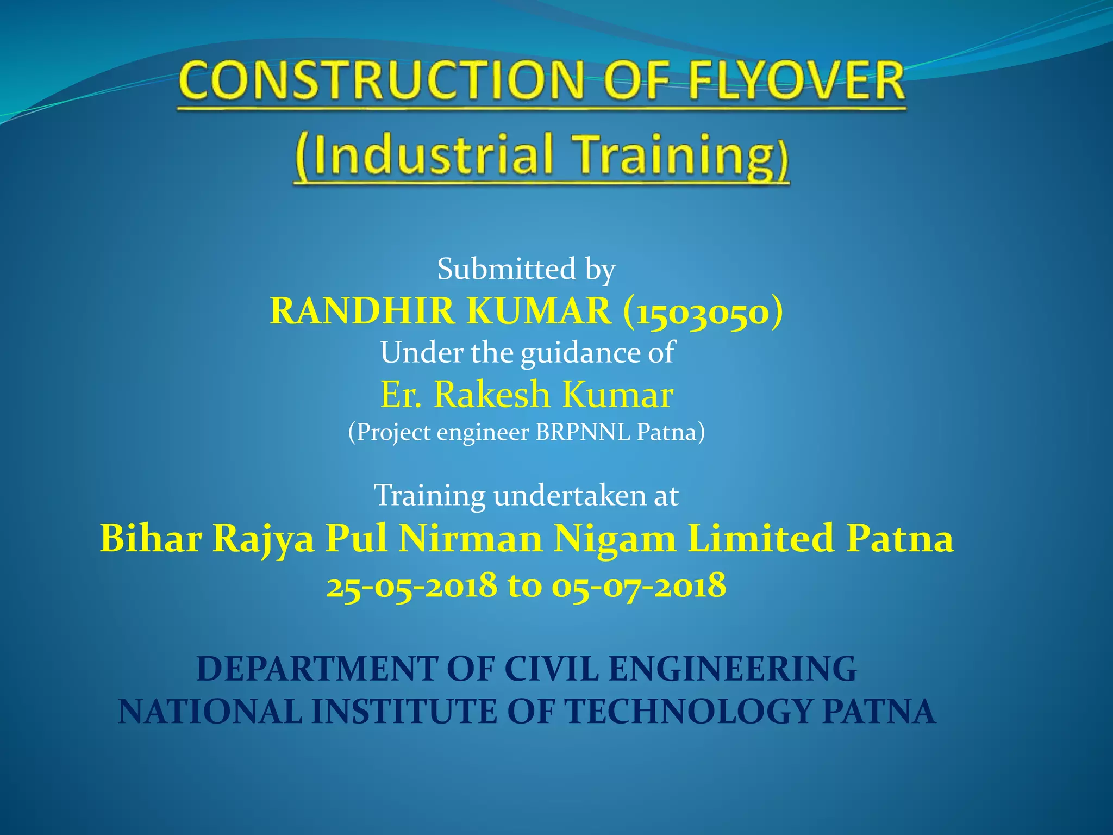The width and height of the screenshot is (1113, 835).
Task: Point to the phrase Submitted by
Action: tap(526, 269)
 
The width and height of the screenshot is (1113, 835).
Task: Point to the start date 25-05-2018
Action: tap(411, 586)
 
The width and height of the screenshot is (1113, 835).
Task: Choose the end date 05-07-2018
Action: tap(639, 586)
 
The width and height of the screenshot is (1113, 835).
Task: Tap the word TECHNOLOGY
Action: tap(689, 712)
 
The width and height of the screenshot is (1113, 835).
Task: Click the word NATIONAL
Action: tap(210, 712)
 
